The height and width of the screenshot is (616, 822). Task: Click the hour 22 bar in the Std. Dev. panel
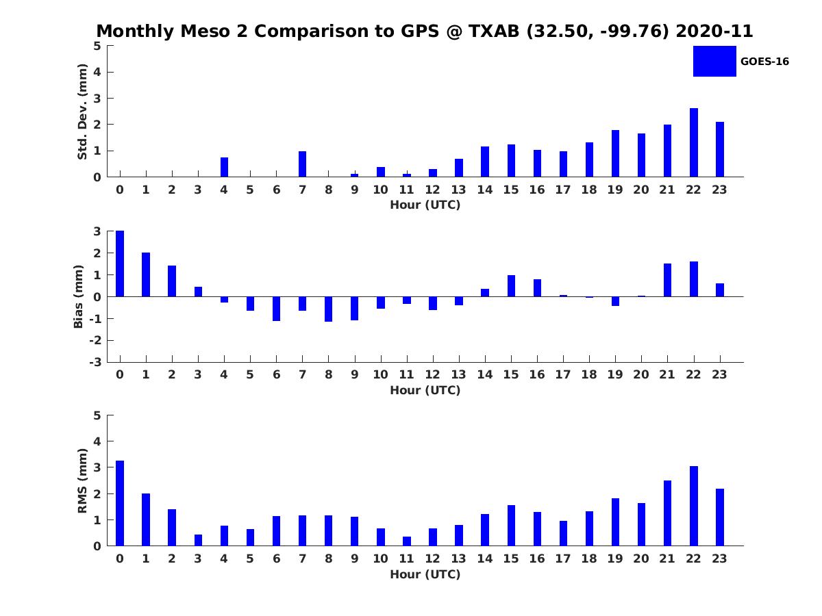(x=694, y=142)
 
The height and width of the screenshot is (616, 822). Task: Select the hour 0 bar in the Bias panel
(x=120, y=264)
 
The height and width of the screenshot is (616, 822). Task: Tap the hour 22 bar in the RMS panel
(x=694, y=506)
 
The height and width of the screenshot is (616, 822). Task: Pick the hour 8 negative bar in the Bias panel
(x=329, y=309)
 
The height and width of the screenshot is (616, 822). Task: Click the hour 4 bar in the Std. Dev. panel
(x=224, y=167)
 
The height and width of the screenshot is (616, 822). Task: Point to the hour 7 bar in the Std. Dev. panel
(x=303, y=164)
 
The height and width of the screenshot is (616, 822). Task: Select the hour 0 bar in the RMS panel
(x=120, y=503)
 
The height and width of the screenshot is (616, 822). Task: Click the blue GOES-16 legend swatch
(x=714, y=61)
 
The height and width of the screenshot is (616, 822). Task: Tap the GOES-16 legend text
(x=764, y=62)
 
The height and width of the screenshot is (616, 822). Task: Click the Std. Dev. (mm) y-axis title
(x=82, y=112)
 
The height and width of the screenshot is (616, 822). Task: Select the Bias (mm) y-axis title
(x=79, y=296)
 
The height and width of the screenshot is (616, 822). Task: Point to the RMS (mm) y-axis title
(x=82, y=480)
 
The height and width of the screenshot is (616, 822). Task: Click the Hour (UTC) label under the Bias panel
(x=425, y=390)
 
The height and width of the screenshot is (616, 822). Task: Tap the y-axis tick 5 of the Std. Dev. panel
(x=98, y=46)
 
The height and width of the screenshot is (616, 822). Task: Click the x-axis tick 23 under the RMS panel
(x=719, y=559)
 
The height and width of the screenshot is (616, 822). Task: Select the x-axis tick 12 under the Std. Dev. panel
(x=433, y=190)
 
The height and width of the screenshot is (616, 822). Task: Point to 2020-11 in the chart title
(x=714, y=31)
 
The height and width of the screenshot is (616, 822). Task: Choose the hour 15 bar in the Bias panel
(x=511, y=286)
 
